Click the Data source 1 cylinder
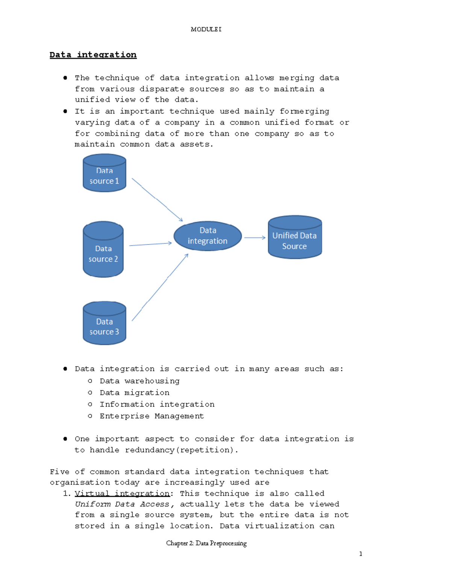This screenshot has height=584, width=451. (104, 173)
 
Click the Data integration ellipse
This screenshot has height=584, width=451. (207, 236)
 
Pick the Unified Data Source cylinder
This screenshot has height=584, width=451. (295, 237)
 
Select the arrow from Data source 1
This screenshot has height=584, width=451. (157, 200)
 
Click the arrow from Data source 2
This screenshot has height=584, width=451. (150, 244)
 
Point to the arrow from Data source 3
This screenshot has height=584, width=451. (160, 287)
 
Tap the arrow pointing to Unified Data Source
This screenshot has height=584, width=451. (255, 238)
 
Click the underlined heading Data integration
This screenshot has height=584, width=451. (93, 55)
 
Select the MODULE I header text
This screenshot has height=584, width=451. (206, 29)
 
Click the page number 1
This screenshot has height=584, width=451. (361, 554)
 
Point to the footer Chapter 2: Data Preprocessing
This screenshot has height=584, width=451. (206, 543)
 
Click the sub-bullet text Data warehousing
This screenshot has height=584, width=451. (139, 381)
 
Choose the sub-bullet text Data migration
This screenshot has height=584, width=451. (135, 393)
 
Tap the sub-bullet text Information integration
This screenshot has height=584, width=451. (157, 404)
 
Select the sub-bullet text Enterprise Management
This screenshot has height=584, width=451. (152, 416)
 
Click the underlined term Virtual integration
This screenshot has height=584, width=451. (123, 493)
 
